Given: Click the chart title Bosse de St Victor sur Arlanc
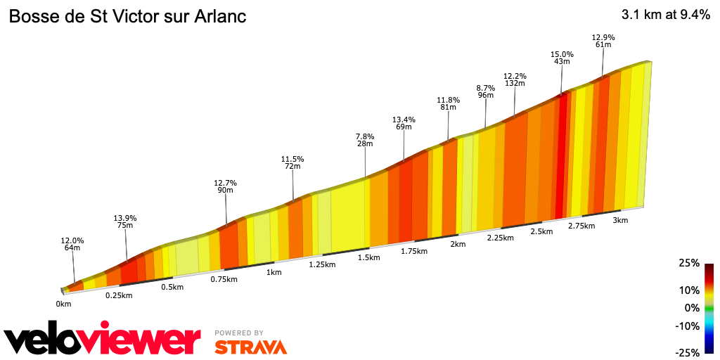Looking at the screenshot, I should [x=127, y=16].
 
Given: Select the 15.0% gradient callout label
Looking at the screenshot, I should [x=562, y=54].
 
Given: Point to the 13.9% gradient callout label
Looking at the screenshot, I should [x=124, y=219].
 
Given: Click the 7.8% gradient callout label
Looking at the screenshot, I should [x=365, y=136].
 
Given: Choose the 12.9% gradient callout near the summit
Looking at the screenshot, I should [x=603, y=37].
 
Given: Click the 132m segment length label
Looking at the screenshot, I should [x=515, y=83].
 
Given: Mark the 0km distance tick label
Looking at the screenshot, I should [x=64, y=304].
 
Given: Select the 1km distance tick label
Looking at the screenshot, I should [x=274, y=272].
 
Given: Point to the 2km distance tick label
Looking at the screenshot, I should [x=458, y=244].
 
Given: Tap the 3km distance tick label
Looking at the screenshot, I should [x=620, y=220].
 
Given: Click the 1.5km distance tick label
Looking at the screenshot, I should [x=368, y=258].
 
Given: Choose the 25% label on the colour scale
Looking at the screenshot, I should [x=689, y=263].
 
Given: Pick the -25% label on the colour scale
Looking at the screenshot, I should [x=688, y=352].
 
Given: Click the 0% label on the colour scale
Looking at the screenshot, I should [x=692, y=308].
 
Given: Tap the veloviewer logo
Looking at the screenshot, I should [x=103, y=340].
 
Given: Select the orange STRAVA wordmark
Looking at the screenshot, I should [x=250, y=347].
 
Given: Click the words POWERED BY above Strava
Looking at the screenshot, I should [x=239, y=333].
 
